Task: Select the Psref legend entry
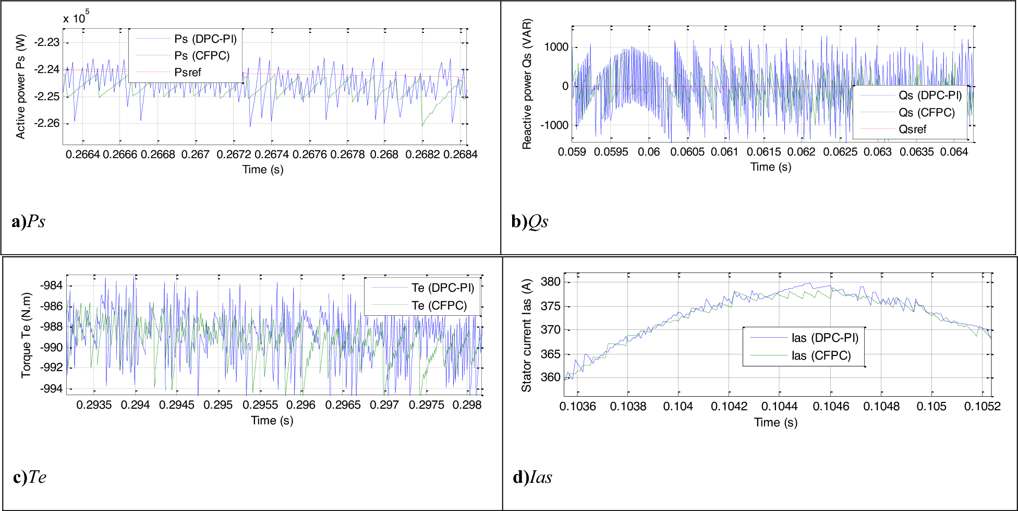coord(187,73)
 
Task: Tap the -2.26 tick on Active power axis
coord(46,124)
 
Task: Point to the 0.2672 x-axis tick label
coord(234,155)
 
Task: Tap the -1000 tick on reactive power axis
coord(554,125)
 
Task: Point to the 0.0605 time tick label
coord(687,152)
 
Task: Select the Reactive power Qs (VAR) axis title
coord(527,84)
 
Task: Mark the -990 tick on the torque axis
coord(51,348)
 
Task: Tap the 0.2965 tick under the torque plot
coord(343,405)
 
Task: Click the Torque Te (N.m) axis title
coord(26,335)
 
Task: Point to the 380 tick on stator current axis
coord(550,282)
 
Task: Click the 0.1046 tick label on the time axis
coord(831,407)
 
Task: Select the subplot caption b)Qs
coord(529,222)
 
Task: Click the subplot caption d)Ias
coord(532,477)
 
